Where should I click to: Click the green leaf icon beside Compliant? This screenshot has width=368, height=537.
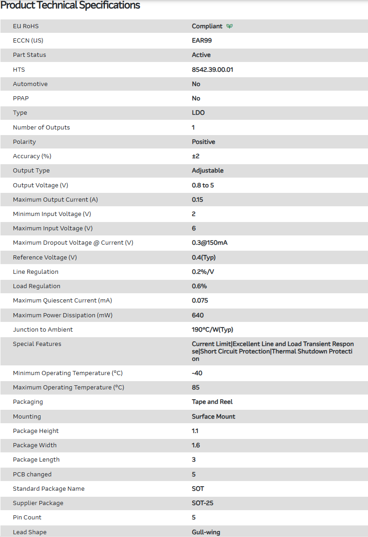(x=229, y=26)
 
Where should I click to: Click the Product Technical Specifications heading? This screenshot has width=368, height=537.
(x=70, y=6)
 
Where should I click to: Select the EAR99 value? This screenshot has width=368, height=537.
(x=202, y=41)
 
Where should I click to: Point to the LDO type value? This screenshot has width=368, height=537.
(x=198, y=113)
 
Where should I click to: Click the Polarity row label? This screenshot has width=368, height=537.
(x=24, y=142)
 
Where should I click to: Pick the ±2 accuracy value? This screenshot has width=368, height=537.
(x=196, y=156)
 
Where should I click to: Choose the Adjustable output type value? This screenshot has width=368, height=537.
(x=207, y=171)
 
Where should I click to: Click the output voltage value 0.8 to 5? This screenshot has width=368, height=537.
(x=203, y=185)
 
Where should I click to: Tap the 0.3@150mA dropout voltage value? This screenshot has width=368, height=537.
(x=210, y=243)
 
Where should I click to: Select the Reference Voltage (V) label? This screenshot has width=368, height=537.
(x=45, y=258)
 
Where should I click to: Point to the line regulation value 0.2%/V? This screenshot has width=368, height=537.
(x=203, y=272)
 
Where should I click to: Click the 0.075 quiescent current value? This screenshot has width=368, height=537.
(x=200, y=301)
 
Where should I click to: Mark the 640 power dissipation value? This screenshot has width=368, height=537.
(x=198, y=315)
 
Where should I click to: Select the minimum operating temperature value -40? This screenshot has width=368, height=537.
(x=197, y=373)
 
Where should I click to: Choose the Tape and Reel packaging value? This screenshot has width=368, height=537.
(x=212, y=402)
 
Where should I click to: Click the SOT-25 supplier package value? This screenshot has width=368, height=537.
(x=203, y=503)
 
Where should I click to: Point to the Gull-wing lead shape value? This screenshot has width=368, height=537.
(x=206, y=532)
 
